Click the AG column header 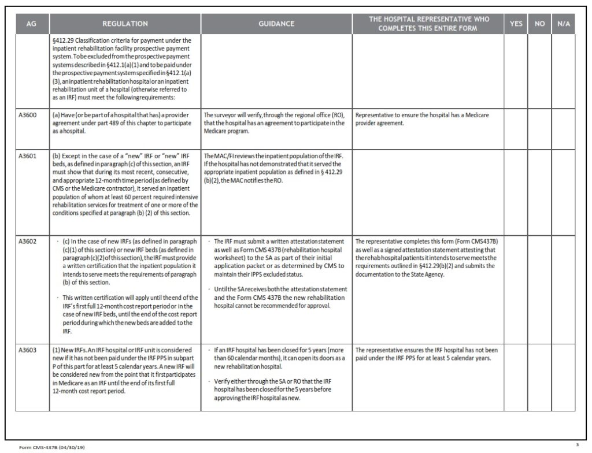pyautogui.click(x=32, y=24)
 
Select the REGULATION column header pyautogui.click(x=125, y=24)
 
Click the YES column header pyautogui.click(x=516, y=24)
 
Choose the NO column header pyautogui.click(x=540, y=24)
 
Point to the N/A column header pyautogui.click(x=564, y=24)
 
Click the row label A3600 pyautogui.click(x=29, y=115)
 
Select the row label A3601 pyautogui.click(x=29, y=157)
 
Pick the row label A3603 pyautogui.click(x=29, y=350)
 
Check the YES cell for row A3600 pyautogui.click(x=516, y=128)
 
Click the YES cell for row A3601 pyautogui.click(x=516, y=191)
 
